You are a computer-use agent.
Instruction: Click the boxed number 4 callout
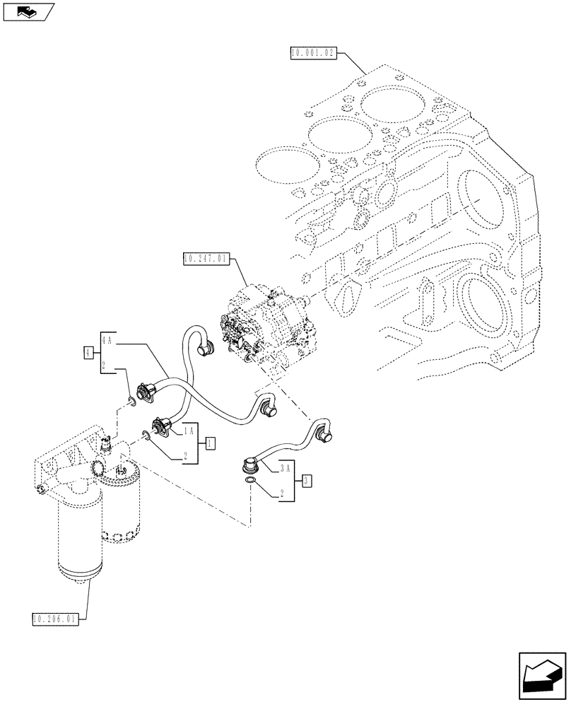[x=88, y=351]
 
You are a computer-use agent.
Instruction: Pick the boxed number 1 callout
[x=210, y=443]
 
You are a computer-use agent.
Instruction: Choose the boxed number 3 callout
[x=306, y=481]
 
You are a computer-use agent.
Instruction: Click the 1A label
[x=189, y=431]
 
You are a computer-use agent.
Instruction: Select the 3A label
[x=284, y=469]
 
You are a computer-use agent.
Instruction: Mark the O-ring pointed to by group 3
[x=250, y=482]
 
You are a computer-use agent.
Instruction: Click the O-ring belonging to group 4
[x=131, y=402]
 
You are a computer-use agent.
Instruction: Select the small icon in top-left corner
[x=27, y=11]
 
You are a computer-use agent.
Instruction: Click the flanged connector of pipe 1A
[x=161, y=426]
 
